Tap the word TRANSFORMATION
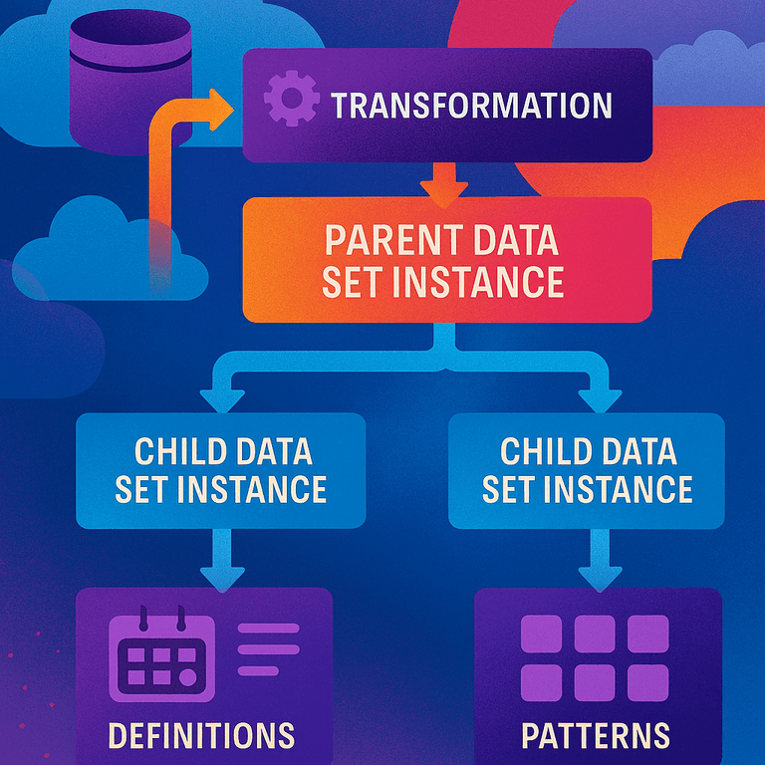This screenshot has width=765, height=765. pyautogui.click(x=471, y=106)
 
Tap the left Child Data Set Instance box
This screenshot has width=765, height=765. pyautogui.click(x=221, y=470)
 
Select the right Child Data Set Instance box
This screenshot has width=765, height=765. pyautogui.click(x=588, y=470)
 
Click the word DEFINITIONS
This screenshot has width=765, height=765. pyautogui.click(x=202, y=735)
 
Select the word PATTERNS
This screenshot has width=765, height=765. pyautogui.click(x=596, y=735)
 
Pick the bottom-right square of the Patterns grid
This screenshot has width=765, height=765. pyautogui.click(x=648, y=682)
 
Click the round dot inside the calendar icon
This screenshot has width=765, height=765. pyautogui.click(x=186, y=677)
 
